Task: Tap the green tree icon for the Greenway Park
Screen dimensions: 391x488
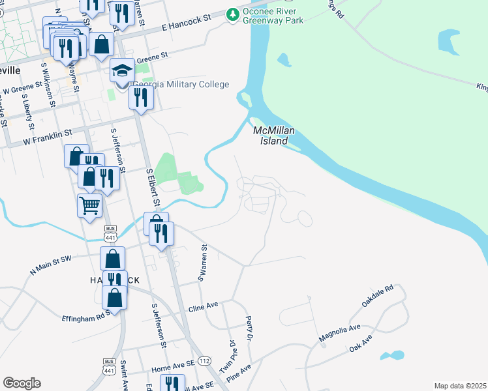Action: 232,14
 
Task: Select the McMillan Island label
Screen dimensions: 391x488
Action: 274,135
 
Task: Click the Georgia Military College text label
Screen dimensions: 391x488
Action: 181,84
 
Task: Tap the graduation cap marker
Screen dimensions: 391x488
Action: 122,70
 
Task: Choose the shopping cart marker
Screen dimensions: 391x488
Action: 90,206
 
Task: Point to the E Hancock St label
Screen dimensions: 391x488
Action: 187,24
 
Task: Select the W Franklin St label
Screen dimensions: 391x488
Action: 46,138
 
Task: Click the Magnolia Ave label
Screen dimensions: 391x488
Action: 339,333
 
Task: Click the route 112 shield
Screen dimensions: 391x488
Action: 205,360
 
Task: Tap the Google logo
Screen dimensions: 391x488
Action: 22,383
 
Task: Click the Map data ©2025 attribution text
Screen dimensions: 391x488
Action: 459,386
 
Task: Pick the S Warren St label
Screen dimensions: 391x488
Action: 203,263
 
